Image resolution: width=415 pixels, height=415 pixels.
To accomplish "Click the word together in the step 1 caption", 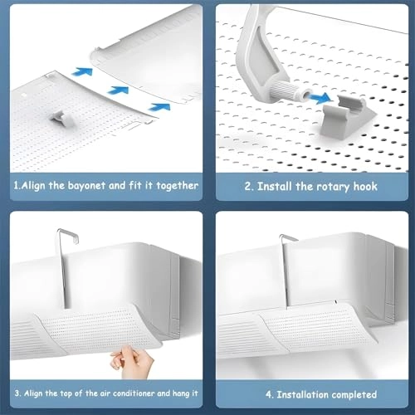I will (176, 185).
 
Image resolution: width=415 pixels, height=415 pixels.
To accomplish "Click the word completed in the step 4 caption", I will (354, 394).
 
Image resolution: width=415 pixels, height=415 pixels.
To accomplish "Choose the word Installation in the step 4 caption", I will (294, 394).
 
